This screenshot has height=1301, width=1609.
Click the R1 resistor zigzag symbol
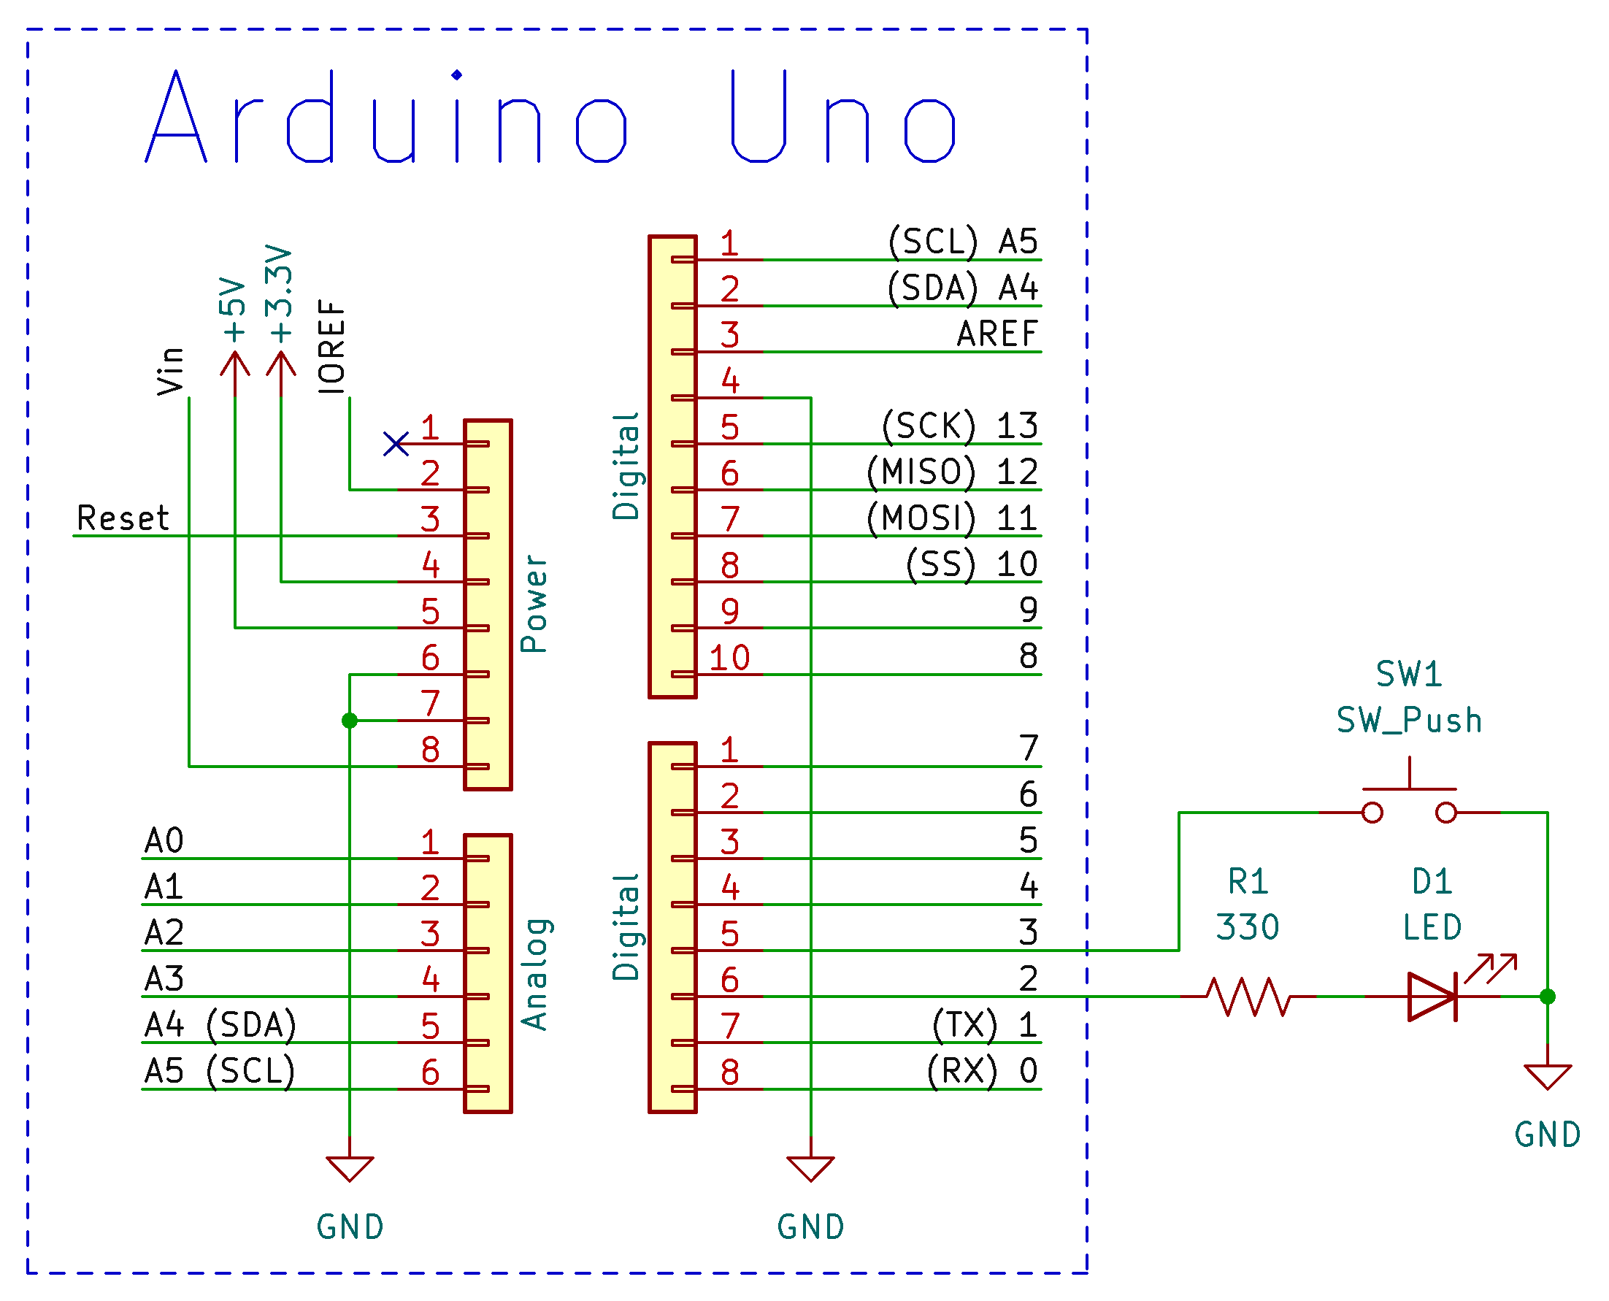(x=1248, y=996)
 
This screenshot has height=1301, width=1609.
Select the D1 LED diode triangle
(x=1431, y=996)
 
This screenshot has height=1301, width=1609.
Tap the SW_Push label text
(x=1409, y=720)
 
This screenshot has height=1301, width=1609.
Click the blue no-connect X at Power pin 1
(x=396, y=444)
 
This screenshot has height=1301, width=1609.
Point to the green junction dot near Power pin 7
(x=349, y=720)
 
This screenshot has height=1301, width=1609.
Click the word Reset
(x=123, y=518)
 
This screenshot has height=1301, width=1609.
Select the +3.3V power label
(x=280, y=293)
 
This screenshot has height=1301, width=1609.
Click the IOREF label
(x=331, y=346)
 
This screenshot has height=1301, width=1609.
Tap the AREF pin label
(x=996, y=334)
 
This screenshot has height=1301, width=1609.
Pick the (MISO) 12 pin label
(x=952, y=472)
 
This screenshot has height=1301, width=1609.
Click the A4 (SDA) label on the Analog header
(x=220, y=1025)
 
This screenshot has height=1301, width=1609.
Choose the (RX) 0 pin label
(x=982, y=1071)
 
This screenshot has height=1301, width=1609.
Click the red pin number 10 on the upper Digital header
(x=729, y=658)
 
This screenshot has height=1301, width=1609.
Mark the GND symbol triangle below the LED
(x=1547, y=1076)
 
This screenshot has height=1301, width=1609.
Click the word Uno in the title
(x=843, y=118)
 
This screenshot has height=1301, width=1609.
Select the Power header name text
(x=534, y=603)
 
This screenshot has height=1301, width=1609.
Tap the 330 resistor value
(x=1247, y=927)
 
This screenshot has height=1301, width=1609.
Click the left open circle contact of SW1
(x=1372, y=813)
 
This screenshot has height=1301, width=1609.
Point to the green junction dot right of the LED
(x=1547, y=996)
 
